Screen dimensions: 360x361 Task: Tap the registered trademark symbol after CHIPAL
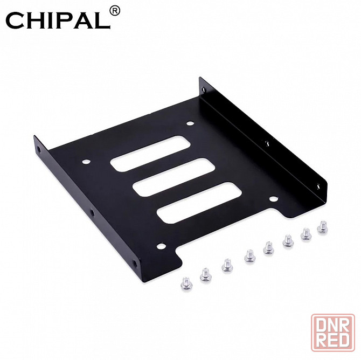tap(114, 10)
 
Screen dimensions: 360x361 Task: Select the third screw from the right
tap(287, 240)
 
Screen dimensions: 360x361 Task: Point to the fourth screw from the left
tap(249, 256)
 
